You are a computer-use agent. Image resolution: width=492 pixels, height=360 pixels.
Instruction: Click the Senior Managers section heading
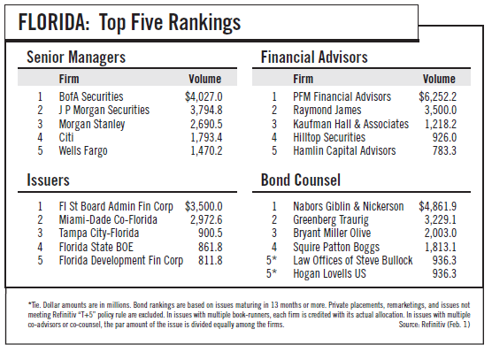[76, 57]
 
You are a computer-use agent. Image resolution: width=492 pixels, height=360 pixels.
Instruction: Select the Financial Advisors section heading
[314, 57]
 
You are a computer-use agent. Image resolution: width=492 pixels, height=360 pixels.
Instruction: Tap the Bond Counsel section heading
[301, 180]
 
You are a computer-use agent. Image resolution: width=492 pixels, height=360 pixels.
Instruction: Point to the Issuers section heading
[48, 180]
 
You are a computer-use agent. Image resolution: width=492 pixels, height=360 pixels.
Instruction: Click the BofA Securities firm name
[91, 96]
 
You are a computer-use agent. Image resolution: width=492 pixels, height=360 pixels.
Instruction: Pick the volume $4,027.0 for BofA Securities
[204, 97]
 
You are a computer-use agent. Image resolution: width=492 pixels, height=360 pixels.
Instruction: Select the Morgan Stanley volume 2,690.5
[206, 124]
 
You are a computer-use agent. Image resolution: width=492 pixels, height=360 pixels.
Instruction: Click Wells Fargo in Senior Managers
[83, 151]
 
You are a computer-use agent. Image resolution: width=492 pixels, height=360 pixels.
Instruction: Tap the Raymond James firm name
[327, 110]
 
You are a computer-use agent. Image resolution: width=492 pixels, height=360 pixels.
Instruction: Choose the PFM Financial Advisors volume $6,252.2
[438, 97]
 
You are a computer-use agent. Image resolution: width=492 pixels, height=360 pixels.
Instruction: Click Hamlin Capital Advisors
[344, 151]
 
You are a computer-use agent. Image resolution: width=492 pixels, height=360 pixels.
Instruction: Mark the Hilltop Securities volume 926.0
[444, 137]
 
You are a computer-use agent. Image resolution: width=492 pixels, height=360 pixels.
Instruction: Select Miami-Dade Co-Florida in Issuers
[108, 219]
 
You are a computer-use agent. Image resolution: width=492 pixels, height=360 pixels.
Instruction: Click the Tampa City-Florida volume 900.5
[211, 233]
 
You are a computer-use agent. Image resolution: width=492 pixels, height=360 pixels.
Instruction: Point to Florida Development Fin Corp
[121, 261]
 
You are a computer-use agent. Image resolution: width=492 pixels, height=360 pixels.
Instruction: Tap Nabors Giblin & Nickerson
[349, 206]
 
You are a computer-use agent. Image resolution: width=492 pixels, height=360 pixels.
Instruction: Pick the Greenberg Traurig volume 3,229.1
[441, 220]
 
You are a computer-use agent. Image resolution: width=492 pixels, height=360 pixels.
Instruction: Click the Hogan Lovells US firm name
[329, 273]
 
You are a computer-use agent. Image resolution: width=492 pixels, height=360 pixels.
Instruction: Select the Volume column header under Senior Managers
[205, 79]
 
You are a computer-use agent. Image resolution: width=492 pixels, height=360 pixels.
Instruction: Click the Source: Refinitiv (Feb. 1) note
[434, 325]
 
